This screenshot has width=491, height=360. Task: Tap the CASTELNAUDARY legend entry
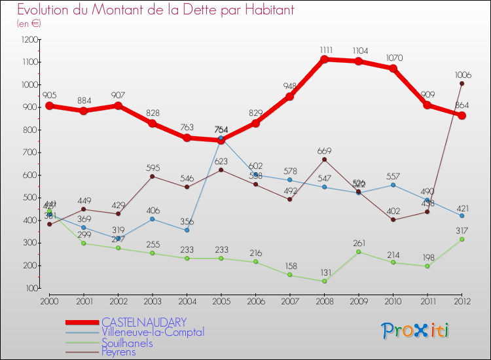click(x=144, y=322)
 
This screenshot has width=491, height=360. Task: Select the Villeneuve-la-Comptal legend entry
click(x=153, y=332)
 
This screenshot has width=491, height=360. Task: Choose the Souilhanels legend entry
click(x=127, y=342)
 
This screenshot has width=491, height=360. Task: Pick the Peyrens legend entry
click(x=120, y=352)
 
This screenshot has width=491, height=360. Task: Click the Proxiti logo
click(x=415, y=331)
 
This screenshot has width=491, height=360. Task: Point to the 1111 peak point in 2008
click(x=325, y=60)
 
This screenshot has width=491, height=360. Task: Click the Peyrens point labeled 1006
click(x=462, y=83)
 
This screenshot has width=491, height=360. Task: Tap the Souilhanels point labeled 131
click(x=325, y=281)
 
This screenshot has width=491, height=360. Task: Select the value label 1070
click(x=393, y=58)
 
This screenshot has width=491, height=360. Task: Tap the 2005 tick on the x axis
click(x=221, y=300)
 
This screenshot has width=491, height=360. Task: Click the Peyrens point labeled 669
click(x=325, y=160)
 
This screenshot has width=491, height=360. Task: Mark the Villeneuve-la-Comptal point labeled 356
click(x=187, y=230)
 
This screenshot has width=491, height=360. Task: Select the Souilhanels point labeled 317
click(x=462, y=240)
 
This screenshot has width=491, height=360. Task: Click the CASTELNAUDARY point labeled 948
click(x=290, y=96)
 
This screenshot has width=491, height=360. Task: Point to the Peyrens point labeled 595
click(x=153, y=176)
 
